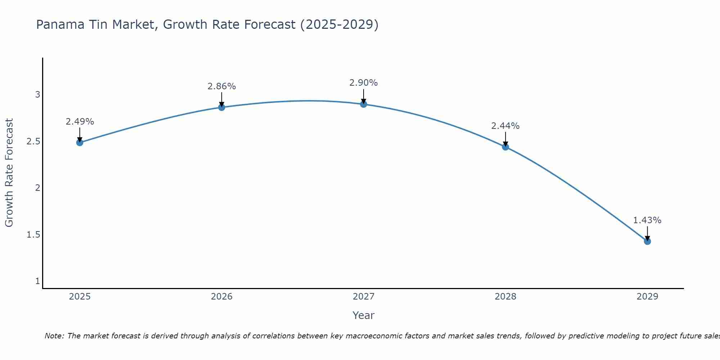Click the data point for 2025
click(x=80, y=143)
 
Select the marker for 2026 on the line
click(x=221, y=107)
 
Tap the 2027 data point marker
click(x=364, y=104)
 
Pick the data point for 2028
click(x=505, y=147)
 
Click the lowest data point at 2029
click(x=647, y=241)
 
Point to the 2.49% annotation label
click(x=80, y=122)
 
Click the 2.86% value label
click(x=221, y=86)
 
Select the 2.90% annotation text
click(x=364, y=83)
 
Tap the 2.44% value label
click(x=505, y=126)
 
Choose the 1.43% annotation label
click(x=647, y=220)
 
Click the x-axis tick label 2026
click(x=221, y=297)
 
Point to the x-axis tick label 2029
click(x=647, y=297)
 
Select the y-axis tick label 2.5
click(x=33, y=141)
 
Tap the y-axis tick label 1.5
click(x=33, y=235)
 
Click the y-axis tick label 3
click(x=37, y=95)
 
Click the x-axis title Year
click(x=364, y=315)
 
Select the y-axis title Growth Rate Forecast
click(x=9, y=173)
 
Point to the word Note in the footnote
click(x=54, y=336)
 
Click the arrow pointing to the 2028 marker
click(x=505, y=139)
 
